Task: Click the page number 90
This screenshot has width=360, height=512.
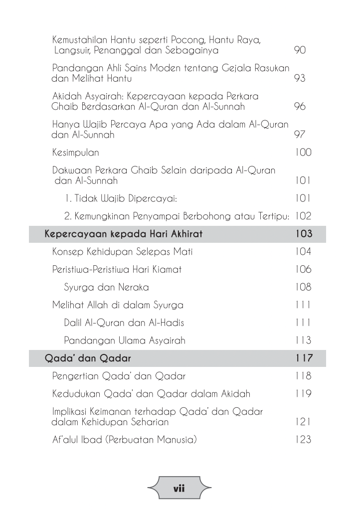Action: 300,50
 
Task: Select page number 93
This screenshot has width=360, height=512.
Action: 300,79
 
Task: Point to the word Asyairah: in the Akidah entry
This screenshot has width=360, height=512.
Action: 95,96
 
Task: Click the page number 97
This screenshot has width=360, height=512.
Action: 300,135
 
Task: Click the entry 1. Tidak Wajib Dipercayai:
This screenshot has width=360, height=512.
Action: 121,198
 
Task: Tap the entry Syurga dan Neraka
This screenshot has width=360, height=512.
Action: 106,287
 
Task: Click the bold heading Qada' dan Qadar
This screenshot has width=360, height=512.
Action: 88,358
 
